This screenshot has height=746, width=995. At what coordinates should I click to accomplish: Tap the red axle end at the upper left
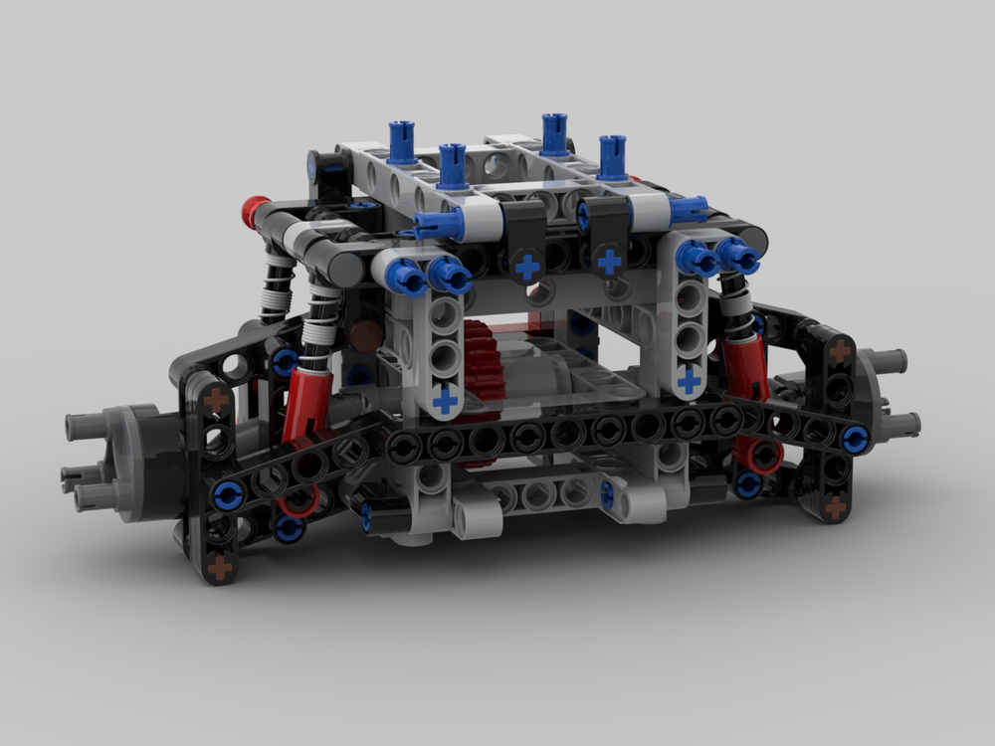(255, 210)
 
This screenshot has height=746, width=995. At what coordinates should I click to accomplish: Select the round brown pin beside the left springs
(365, 334)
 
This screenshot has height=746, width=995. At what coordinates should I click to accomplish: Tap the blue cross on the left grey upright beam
(446, 399)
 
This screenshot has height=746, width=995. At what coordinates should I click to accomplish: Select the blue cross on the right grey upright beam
(689, 379)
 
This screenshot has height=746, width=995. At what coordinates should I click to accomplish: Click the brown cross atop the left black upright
(215, 400)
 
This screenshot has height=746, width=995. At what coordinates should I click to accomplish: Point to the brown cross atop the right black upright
(841, 350)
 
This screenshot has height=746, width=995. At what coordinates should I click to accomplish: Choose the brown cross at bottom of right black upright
(835, 506)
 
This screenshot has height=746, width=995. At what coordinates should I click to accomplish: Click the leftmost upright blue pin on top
(401, 141)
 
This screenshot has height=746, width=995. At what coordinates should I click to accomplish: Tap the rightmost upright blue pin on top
(612, 156)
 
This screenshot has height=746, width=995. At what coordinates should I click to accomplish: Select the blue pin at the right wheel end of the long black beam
(853, 437)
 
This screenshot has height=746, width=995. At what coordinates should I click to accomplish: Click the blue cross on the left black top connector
(527, 267)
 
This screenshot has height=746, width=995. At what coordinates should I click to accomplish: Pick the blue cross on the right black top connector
(610, 262)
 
